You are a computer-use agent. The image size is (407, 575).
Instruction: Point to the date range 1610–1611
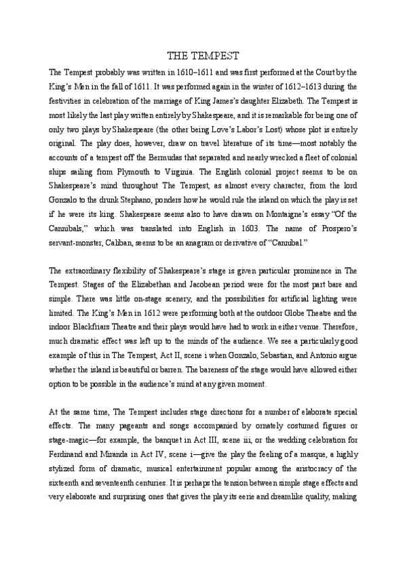[178, 71]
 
